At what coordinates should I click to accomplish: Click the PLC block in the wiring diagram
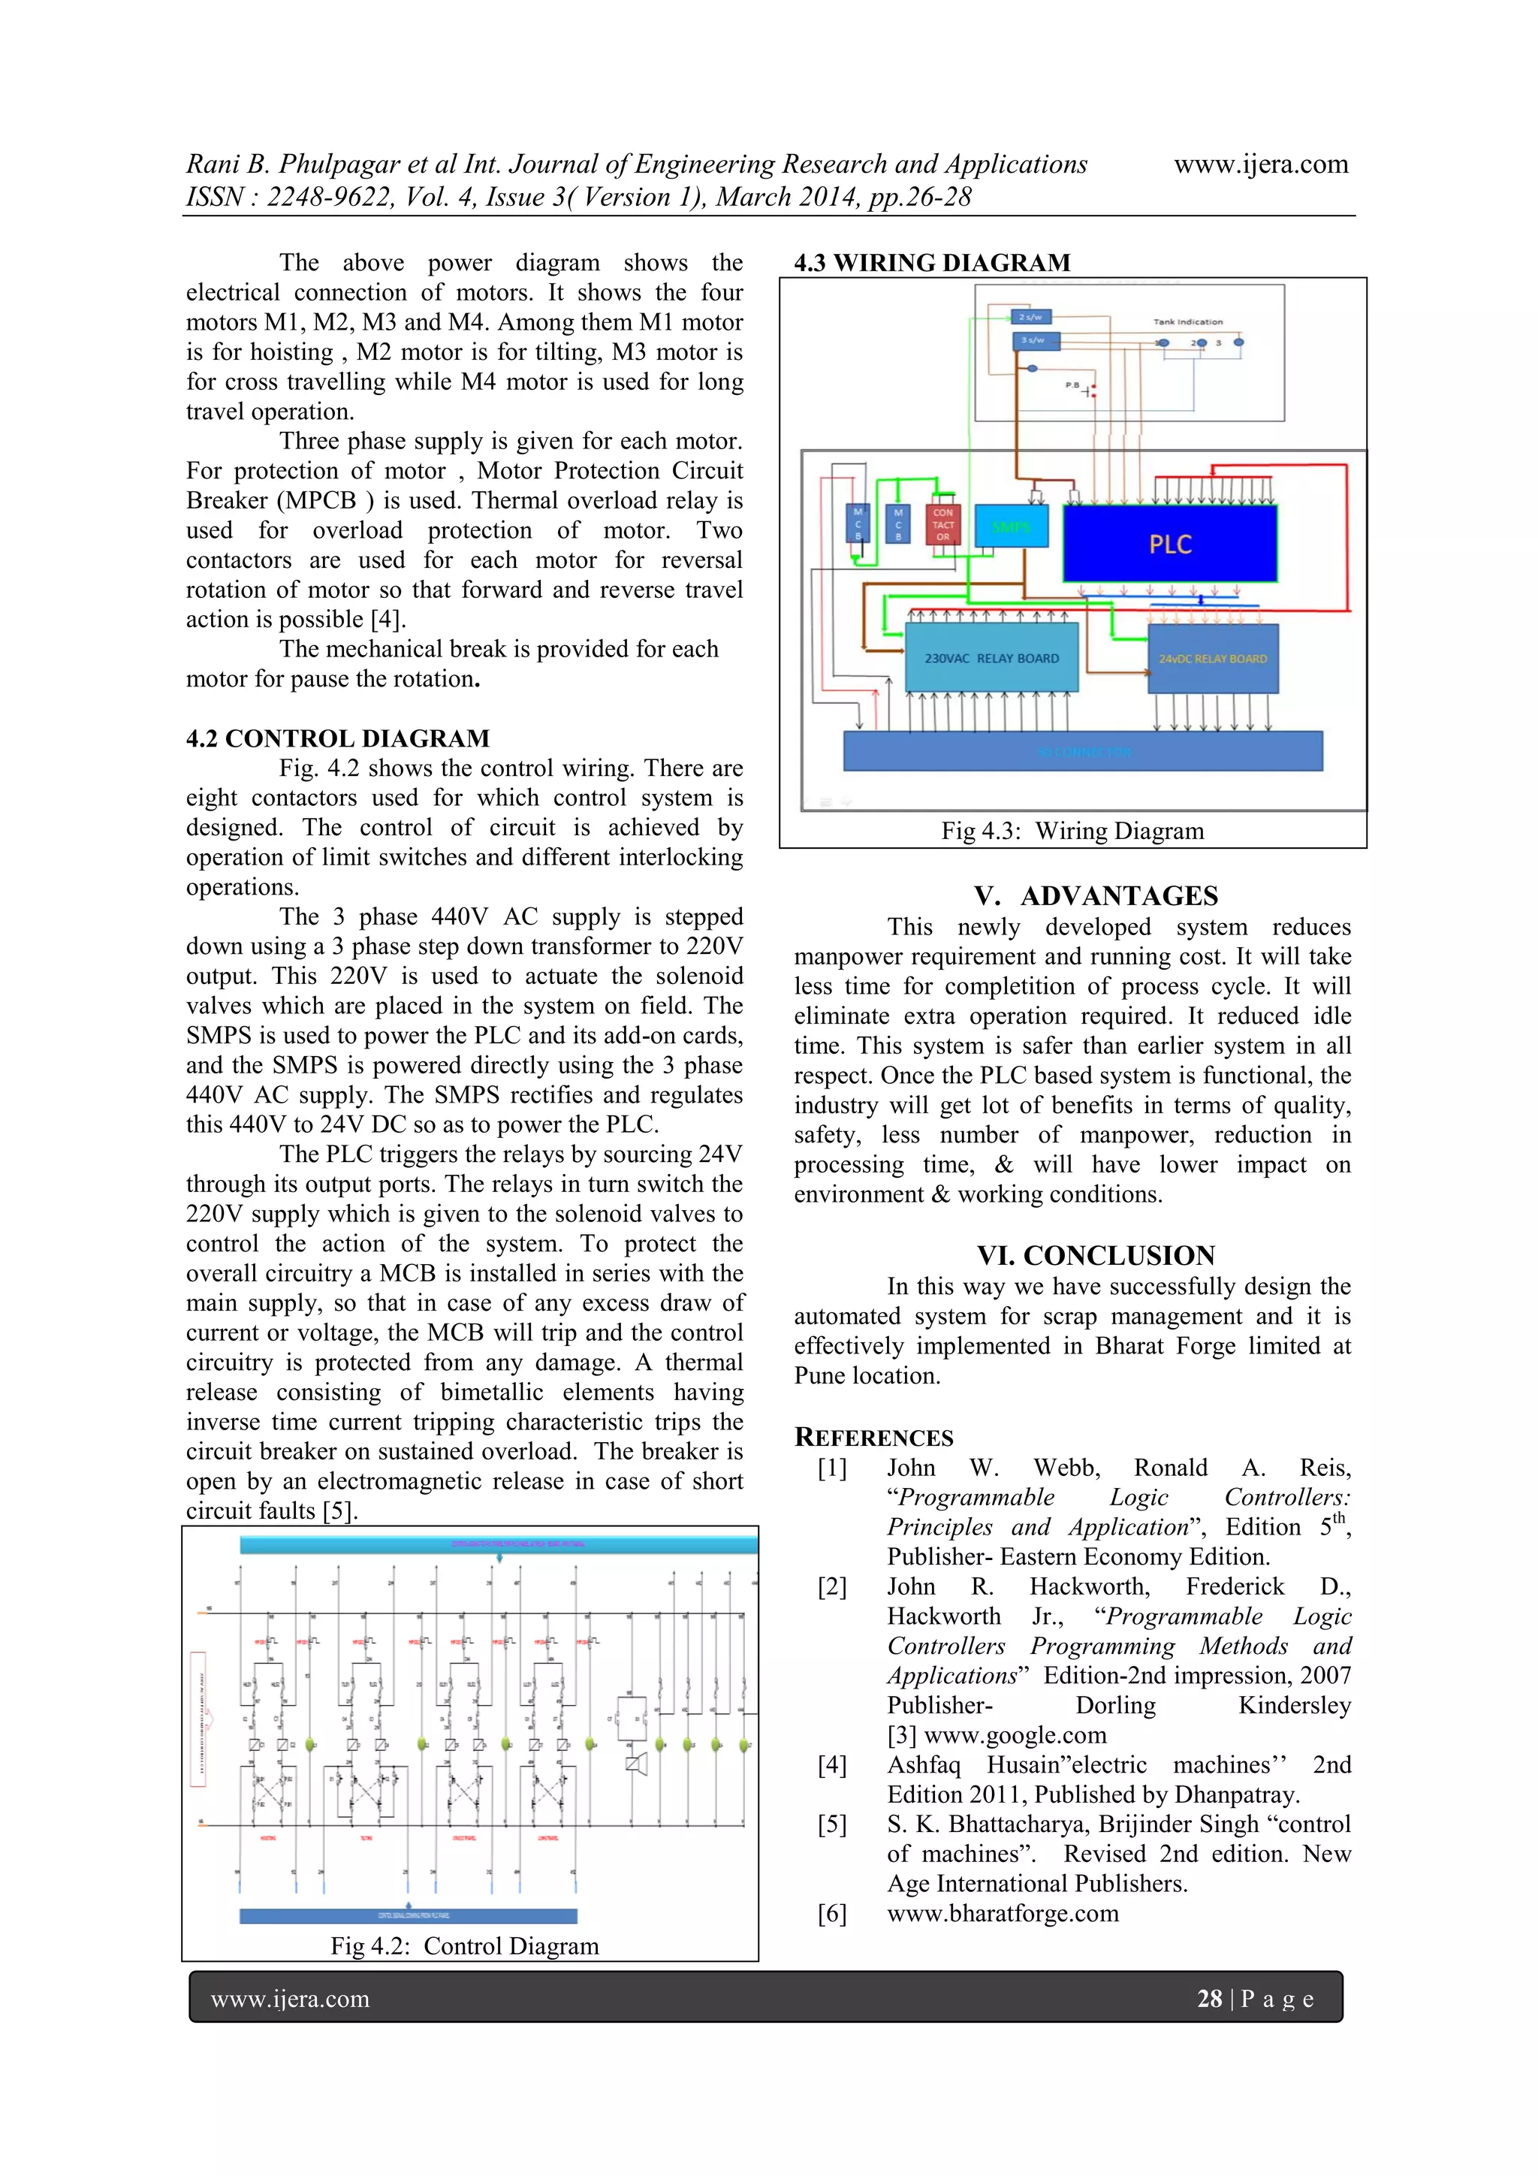1169,543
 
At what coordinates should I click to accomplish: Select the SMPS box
1011,526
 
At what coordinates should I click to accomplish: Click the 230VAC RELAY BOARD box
991,658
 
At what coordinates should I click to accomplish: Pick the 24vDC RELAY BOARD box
1212,659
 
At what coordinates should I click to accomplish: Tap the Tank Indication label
1187,322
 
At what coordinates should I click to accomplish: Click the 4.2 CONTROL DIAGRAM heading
337,738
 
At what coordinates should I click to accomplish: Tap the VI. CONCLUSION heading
1096,1256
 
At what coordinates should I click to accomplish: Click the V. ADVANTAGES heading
1096,895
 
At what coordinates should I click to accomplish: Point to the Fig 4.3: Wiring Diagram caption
1072,831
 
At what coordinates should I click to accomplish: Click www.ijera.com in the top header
1260,164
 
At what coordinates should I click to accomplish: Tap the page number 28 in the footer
1209,1999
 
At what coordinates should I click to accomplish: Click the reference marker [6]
832,1913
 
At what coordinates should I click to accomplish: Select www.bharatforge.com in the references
1003,1913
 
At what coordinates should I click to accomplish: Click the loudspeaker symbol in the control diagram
636,1764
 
